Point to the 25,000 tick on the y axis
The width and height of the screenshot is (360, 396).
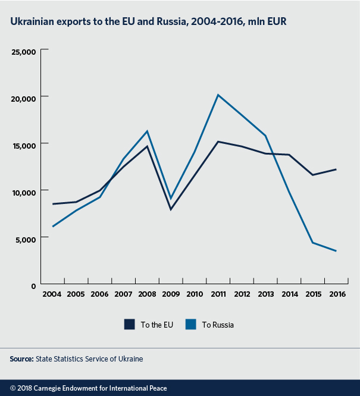(25, 51)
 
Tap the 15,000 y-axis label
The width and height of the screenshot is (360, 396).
(25, 144)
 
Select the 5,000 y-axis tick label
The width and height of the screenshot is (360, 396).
(27, 238)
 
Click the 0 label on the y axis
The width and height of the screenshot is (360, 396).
(35, 285)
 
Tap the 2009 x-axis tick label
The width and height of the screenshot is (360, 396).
(171, 294)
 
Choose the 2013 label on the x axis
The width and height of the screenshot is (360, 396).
(265, 294)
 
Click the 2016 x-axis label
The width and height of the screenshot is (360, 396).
(337, 294)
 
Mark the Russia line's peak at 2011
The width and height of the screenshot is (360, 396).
(218, 95)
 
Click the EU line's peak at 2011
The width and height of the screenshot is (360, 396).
(218, 142)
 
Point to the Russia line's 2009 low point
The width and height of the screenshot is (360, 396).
(171, 199)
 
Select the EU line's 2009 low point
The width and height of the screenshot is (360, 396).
(171, 209)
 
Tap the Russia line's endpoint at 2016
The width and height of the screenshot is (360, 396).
(336, 251)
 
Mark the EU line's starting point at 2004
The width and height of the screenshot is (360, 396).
(52, 204)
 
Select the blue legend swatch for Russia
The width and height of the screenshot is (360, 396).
(190, 324)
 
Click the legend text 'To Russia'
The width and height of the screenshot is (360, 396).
(218, 325)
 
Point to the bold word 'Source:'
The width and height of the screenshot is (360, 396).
(21, 359)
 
